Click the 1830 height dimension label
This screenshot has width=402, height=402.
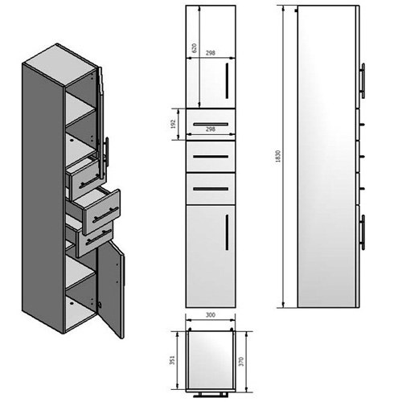(277, 156)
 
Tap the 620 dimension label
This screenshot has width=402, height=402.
(195, 47)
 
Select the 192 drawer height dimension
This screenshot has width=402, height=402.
(173, 124)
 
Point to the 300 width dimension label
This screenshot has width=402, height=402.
(211, 315)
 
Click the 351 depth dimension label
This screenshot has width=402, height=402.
(172, 360)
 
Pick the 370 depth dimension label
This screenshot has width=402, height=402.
(241, 362)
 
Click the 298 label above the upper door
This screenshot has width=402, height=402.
(211, 53)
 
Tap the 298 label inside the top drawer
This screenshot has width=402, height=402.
(211, 129)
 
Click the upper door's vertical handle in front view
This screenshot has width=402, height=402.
(227, 80)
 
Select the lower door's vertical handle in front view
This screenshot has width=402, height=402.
(227, 232)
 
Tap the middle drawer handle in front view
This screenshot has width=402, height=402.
(211, 157)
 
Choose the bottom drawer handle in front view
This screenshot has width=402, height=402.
(211, 189)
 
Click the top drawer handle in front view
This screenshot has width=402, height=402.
(211, 124)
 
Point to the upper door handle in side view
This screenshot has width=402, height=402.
(363, 80)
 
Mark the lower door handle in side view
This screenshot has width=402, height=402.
(363, 232)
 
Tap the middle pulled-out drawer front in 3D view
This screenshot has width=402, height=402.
(102, 211)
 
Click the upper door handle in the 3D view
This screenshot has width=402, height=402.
(107, 152)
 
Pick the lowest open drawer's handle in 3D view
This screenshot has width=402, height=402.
(99, 237)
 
